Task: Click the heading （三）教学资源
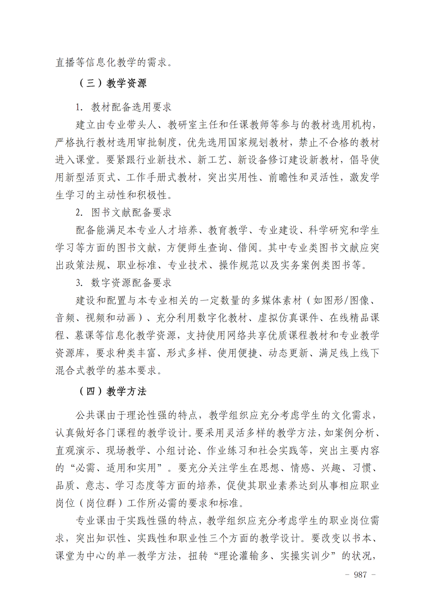[112, 83]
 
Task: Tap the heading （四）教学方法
[112, 391]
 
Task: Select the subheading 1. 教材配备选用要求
[124, 107]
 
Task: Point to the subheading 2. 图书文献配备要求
[124, 213]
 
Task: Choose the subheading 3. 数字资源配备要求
[124, 283]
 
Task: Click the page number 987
[360, 575]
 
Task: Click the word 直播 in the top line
[66, 62]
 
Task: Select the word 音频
[66, 318]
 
